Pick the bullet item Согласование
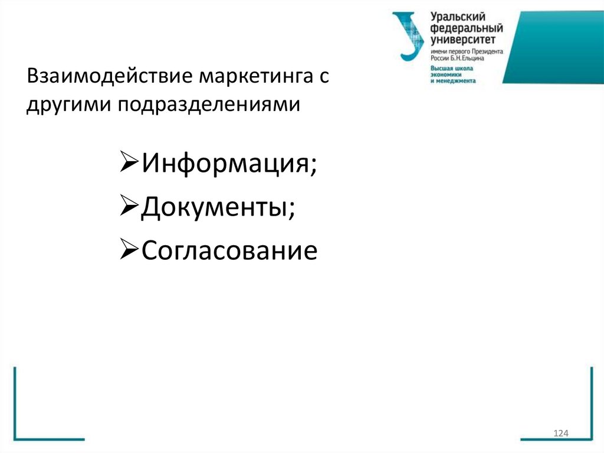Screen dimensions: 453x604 (x=229, y=251)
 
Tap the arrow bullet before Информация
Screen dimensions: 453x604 (x=129, y=162)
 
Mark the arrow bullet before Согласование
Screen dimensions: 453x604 (x=129, y=251)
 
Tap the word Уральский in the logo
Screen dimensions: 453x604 (x=460, y=18)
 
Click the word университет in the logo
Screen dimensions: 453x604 (x=465, y=40)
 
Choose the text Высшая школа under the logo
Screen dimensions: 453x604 (x=449, y=69)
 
